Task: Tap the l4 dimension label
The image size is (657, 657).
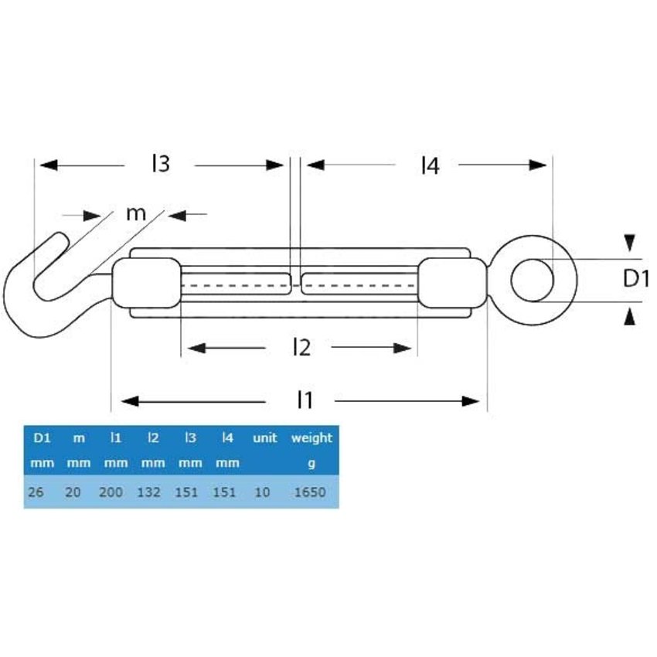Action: click(430, 165)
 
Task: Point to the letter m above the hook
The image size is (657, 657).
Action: click(136, 213)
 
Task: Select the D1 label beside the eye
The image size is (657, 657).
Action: click(636, 278)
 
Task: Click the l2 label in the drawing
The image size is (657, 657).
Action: click(301, 348)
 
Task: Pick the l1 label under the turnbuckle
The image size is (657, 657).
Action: click(305, 400)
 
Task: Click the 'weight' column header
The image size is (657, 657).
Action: click(311, 437)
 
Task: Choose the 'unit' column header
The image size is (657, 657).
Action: click(264, 437)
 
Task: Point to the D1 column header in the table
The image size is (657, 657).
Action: click(42, 437)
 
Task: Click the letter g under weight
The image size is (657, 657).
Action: click(311, 464)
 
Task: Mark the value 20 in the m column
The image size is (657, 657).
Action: click(73, 492)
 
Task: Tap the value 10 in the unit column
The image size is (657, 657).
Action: click(262, 492)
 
